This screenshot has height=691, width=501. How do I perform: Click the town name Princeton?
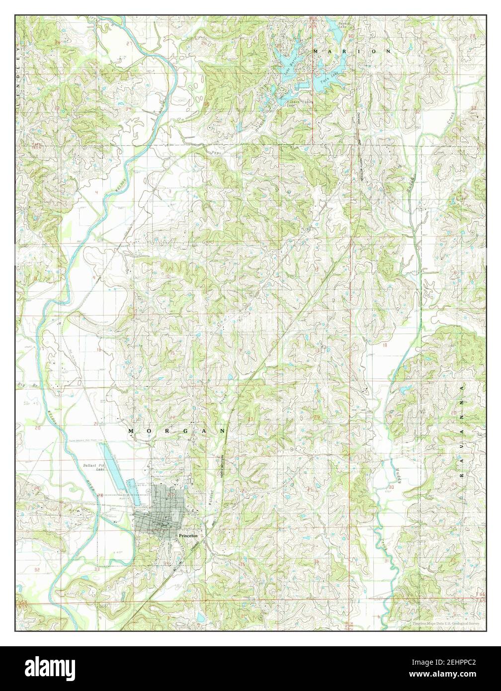click(188, 535)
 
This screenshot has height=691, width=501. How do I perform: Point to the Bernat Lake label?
click(344, 25)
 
